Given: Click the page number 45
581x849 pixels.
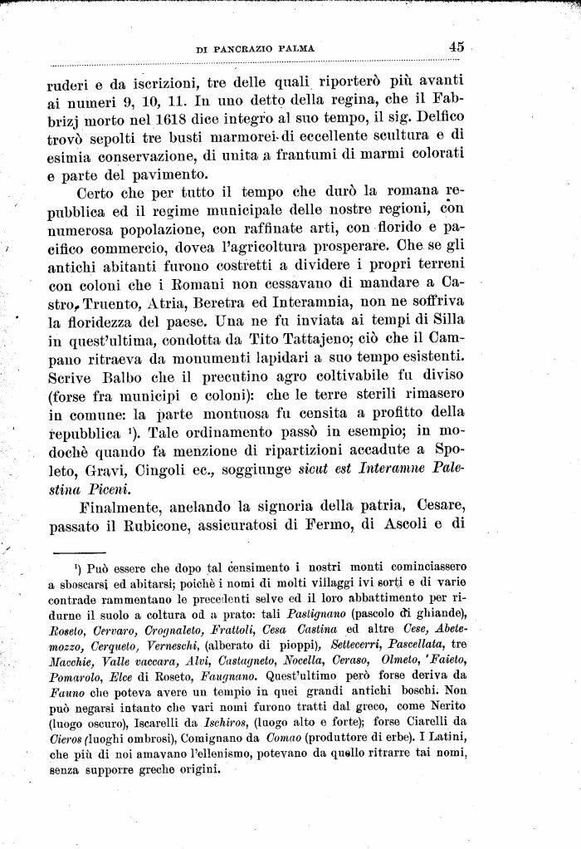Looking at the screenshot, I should [456, 47].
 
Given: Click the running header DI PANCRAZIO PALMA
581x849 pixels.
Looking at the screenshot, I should [255, 49].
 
